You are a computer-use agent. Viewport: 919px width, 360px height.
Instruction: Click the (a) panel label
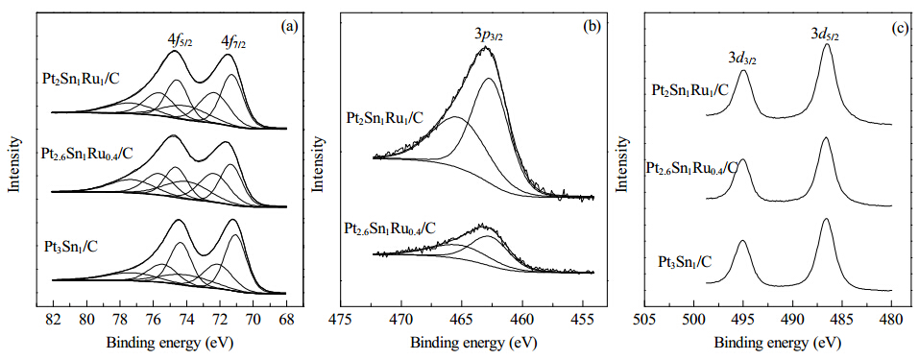(289, 25)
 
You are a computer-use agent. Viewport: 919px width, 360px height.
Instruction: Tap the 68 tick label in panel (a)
(286, 322)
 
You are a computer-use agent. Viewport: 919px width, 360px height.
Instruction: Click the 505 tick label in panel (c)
(644, 322)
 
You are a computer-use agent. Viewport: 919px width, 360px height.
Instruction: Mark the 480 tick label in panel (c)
(891, 322)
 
